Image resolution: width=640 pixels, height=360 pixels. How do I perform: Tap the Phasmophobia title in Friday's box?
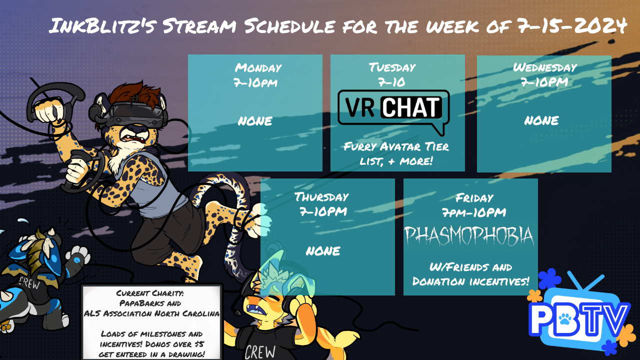(x=469, y=236)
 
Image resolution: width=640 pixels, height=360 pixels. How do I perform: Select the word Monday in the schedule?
(x=258, y=67)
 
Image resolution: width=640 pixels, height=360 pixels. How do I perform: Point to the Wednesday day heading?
(x=545, y=67)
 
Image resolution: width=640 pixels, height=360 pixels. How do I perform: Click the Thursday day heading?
(x=321, y=197)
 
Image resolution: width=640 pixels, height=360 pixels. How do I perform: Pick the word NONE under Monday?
(x=255, y=121)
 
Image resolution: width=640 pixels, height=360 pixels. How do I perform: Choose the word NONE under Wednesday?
(x=541, y=120)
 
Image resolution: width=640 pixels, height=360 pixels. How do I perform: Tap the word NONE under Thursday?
(x=323, y=251)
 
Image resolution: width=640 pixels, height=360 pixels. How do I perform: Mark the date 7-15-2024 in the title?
(x=572, y=25)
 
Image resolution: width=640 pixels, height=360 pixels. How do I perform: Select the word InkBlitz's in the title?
(x=103, y=25)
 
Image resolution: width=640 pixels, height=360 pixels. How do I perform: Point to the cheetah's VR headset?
(x=134, y=114)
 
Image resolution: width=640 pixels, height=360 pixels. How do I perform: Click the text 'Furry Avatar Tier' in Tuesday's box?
(x=396, y=146)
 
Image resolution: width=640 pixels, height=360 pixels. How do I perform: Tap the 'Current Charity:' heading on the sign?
(x=150, y=293)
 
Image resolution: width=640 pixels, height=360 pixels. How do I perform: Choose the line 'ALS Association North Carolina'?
(x=151, y=313)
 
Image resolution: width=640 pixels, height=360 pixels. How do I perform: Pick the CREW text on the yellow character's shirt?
(x=260, y=351)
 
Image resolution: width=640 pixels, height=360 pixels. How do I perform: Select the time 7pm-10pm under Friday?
(x=474, y=212)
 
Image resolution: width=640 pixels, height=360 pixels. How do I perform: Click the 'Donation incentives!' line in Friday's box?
(x=470, y=281)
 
